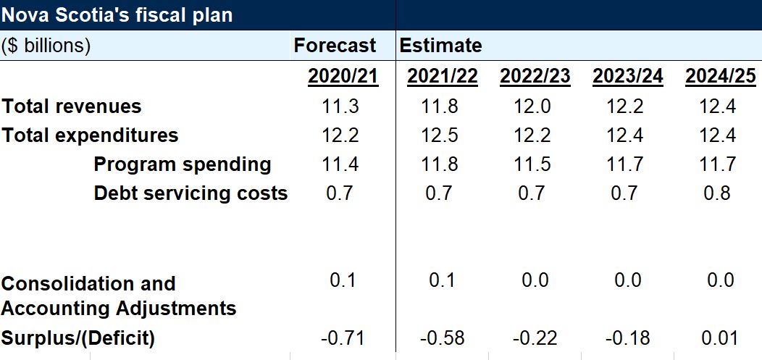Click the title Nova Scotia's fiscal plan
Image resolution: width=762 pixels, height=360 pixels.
point(117,14)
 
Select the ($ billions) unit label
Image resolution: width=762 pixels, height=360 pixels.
point(46,46)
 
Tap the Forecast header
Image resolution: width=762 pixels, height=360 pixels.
point(335,46)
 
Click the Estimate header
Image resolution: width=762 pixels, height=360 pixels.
point(440,46)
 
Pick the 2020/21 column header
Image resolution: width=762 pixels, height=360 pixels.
point(343,76)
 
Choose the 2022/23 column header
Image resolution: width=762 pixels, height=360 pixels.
point(535,76)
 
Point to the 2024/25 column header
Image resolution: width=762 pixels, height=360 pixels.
point(720,76)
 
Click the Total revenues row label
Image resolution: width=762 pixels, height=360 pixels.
point(72,106)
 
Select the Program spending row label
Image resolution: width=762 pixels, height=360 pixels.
point(183,164)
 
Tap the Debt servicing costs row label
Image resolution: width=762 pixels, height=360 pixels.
point(190,193)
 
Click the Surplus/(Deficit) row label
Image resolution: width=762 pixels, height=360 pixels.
point(78,338)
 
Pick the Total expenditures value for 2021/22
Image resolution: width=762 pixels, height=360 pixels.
point(440,135)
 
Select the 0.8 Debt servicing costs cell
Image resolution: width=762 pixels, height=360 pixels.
point(717,193)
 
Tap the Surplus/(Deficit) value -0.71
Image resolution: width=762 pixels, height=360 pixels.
point(343,338)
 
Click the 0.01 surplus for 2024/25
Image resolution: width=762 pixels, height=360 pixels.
point(720,338)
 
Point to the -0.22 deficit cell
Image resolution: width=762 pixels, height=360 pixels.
point(535,338)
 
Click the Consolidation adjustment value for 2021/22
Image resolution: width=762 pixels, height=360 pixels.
point(441,280)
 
